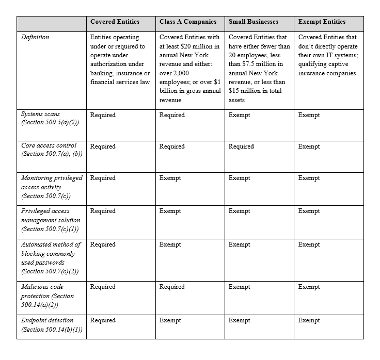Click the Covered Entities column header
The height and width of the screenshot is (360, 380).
click(x=114, y=22)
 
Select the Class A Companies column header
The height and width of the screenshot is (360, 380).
click(x=188, y=22)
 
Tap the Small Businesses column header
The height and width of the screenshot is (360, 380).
click(x=253, y=22)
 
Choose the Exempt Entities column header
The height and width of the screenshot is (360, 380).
click(x=322, y=22)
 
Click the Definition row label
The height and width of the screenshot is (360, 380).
click(x=36, y=37)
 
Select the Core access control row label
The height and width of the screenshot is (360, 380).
click(x=49, y=146)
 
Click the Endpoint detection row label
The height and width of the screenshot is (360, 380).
click(x=47, y=320)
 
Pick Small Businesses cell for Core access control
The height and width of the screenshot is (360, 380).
click(x=241, y=146)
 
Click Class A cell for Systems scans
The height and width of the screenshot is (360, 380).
click(x=172, y=115)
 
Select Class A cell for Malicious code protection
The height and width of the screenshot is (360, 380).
click(x=172, y=287)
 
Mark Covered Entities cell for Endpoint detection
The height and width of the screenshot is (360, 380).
click(x=103, y=320)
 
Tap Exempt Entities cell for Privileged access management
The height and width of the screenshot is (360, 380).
click(x=309, y=211)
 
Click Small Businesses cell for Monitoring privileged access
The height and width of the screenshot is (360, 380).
click(x=239, y=178)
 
